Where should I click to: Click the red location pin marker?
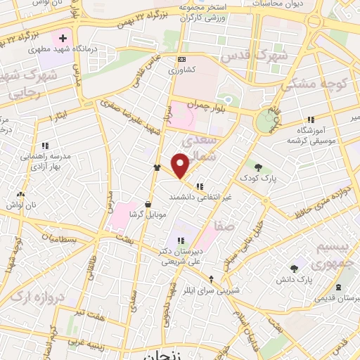pos(181,165)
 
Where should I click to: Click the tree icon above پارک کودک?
pos(259,167)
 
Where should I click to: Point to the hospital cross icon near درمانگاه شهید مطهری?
pos(63,37)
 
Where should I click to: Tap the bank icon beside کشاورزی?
pos(182,60)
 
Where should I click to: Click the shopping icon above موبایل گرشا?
pos(147,202)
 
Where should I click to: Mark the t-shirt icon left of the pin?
pos(157,168)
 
